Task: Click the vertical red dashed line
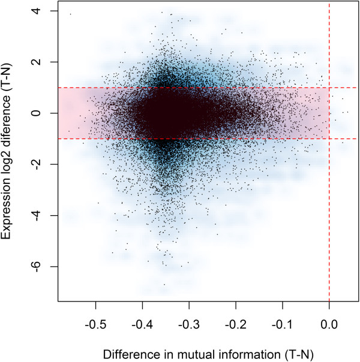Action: (329, 180)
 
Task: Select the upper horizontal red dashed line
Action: (180, 88)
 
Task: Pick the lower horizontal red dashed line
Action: (180, 138)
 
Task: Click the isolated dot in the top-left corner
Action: (70, 14)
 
